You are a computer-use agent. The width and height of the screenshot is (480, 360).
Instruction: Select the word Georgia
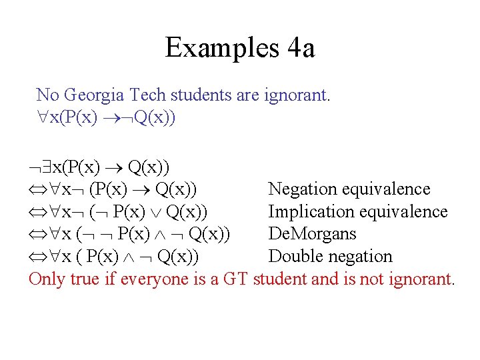coord(91,95)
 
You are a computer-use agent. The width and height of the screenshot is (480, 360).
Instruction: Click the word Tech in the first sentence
coord(141,95)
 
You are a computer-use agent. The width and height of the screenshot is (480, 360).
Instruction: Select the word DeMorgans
coord(312,234)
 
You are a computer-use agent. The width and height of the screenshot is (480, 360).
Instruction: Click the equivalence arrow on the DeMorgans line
coord(37,235)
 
